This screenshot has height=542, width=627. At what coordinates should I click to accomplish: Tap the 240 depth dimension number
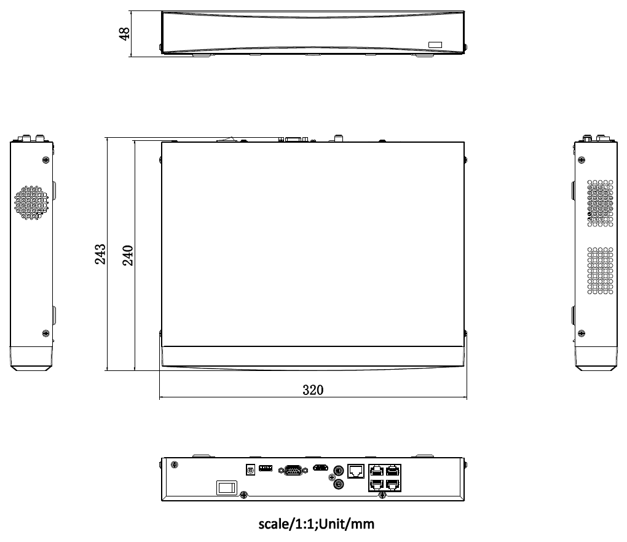[128, 254]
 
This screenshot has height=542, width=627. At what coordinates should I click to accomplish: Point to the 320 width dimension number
[313, 389]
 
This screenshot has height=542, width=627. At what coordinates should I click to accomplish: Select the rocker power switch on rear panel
[226, 487]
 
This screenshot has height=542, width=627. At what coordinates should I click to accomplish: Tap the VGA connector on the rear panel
[291, 470]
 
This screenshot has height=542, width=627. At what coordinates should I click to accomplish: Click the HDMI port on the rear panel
[320, 468]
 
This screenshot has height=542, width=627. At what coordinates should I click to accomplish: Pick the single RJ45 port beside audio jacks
[356, 471]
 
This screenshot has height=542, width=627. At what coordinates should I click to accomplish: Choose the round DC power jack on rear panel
[250, 470]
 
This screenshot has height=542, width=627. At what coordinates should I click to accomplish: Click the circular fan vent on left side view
[31, 202]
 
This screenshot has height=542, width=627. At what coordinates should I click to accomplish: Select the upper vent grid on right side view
[601, 204]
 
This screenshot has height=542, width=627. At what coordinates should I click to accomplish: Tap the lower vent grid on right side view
[601, 270]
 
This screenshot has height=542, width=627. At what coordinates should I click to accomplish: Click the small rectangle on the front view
[435, 44]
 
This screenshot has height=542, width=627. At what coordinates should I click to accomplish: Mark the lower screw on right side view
[582, 333]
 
